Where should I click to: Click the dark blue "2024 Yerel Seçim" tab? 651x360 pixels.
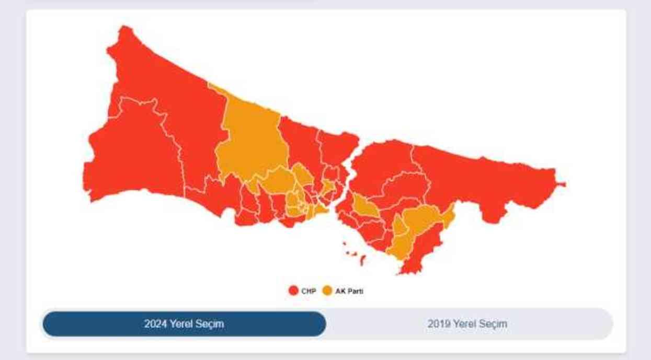[x=184, y=324]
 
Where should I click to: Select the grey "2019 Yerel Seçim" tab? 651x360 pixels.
[x=467, y=324]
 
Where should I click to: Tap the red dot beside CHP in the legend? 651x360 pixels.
[x=293, y=291]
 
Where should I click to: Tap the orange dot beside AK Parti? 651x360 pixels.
[x=327, y=291]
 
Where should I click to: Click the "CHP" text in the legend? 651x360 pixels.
[x=309, y=291]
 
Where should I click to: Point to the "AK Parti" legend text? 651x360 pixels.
[x=349, y=291]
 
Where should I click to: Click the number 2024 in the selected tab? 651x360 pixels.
[x=155, y=324]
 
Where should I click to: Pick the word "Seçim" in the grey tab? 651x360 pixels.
[x=494, y=324]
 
